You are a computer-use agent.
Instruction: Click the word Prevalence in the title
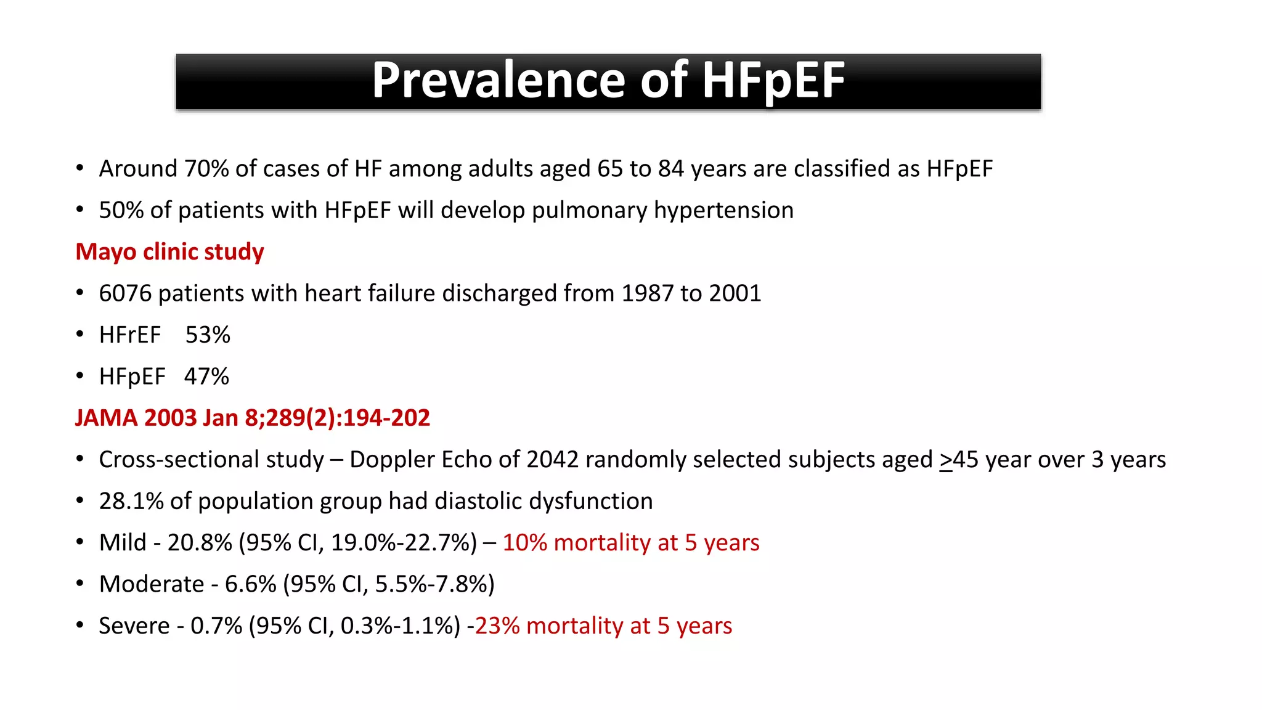point(500,80)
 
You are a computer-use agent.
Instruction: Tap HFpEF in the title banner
point(773,80)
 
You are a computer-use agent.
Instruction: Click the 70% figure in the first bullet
point(206,169)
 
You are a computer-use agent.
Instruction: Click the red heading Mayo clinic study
point(169,252)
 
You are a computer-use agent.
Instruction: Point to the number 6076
point(125,293)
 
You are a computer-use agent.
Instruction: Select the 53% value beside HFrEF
point(208,335)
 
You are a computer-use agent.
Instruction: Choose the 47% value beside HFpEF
point(206,377)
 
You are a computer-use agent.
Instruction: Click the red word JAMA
point(106,418)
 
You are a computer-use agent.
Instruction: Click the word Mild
point(123,543)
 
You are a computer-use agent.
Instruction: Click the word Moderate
point(152,584)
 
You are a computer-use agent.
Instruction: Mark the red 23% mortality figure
point(497,626)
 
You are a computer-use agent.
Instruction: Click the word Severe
point(134,626)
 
